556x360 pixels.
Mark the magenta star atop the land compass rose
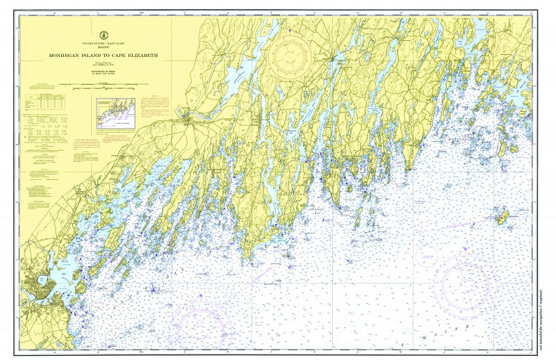click(x=291, y=30)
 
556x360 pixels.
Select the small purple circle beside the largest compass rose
click(x=425, y=254)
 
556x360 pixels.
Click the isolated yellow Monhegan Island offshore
click(x=501, y=218)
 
